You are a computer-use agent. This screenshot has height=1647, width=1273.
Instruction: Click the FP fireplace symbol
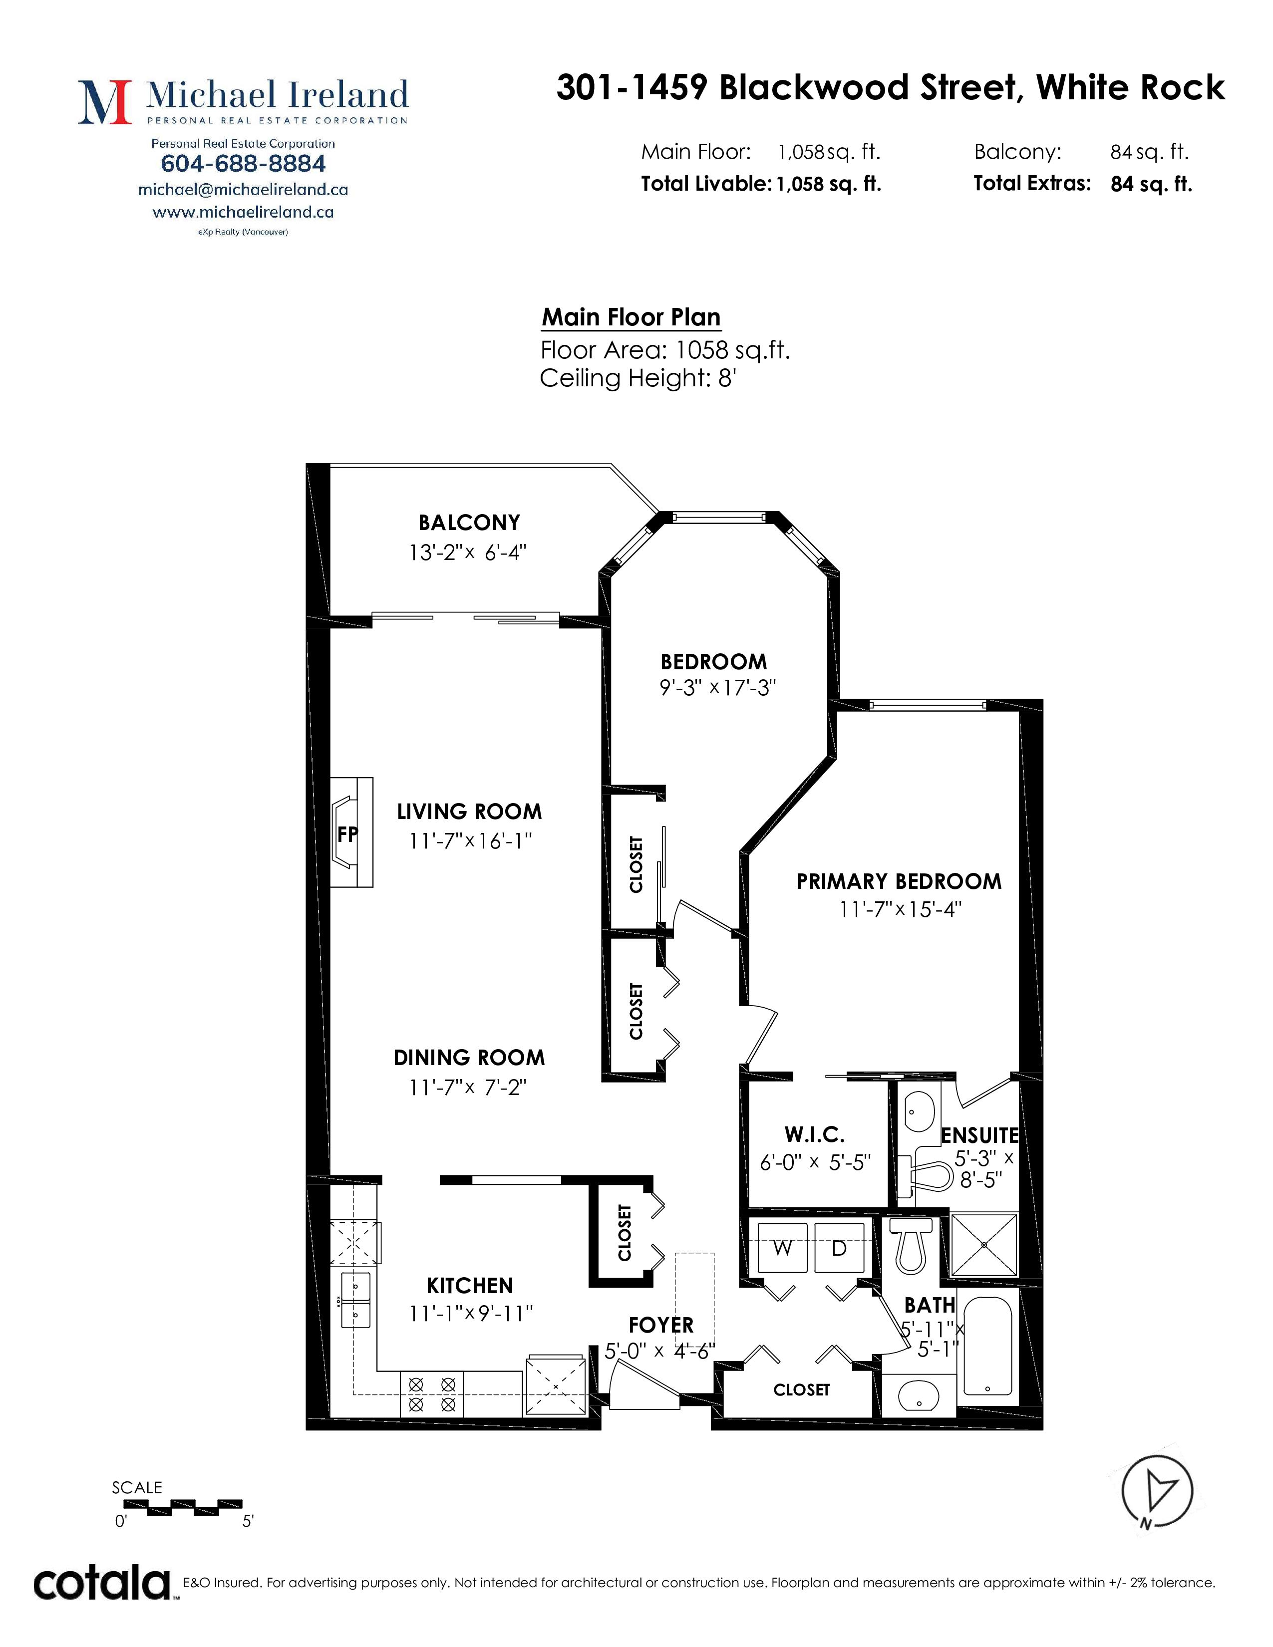[x=351, y=832]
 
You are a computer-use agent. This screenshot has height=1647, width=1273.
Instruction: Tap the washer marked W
[x=782, y=1248]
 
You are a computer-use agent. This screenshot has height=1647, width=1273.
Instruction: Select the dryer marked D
[x=839, y=1248]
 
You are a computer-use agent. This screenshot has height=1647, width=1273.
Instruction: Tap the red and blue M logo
[x=105, y=102]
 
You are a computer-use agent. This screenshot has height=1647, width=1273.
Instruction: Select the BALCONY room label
[x=469, y=523]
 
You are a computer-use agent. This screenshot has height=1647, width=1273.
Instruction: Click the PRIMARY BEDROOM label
[x=899, y=881]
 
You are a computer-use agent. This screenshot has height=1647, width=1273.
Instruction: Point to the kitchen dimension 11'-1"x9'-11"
[x=471, y=1314]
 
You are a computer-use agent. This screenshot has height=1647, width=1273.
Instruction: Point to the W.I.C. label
[x=815, y=1135]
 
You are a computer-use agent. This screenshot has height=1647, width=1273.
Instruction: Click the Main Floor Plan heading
[x=631, y=317]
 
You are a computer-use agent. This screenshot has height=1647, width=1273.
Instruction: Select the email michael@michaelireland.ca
[x=243, y=190]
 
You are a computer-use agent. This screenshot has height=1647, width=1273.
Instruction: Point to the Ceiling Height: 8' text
[x=638, y=378]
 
